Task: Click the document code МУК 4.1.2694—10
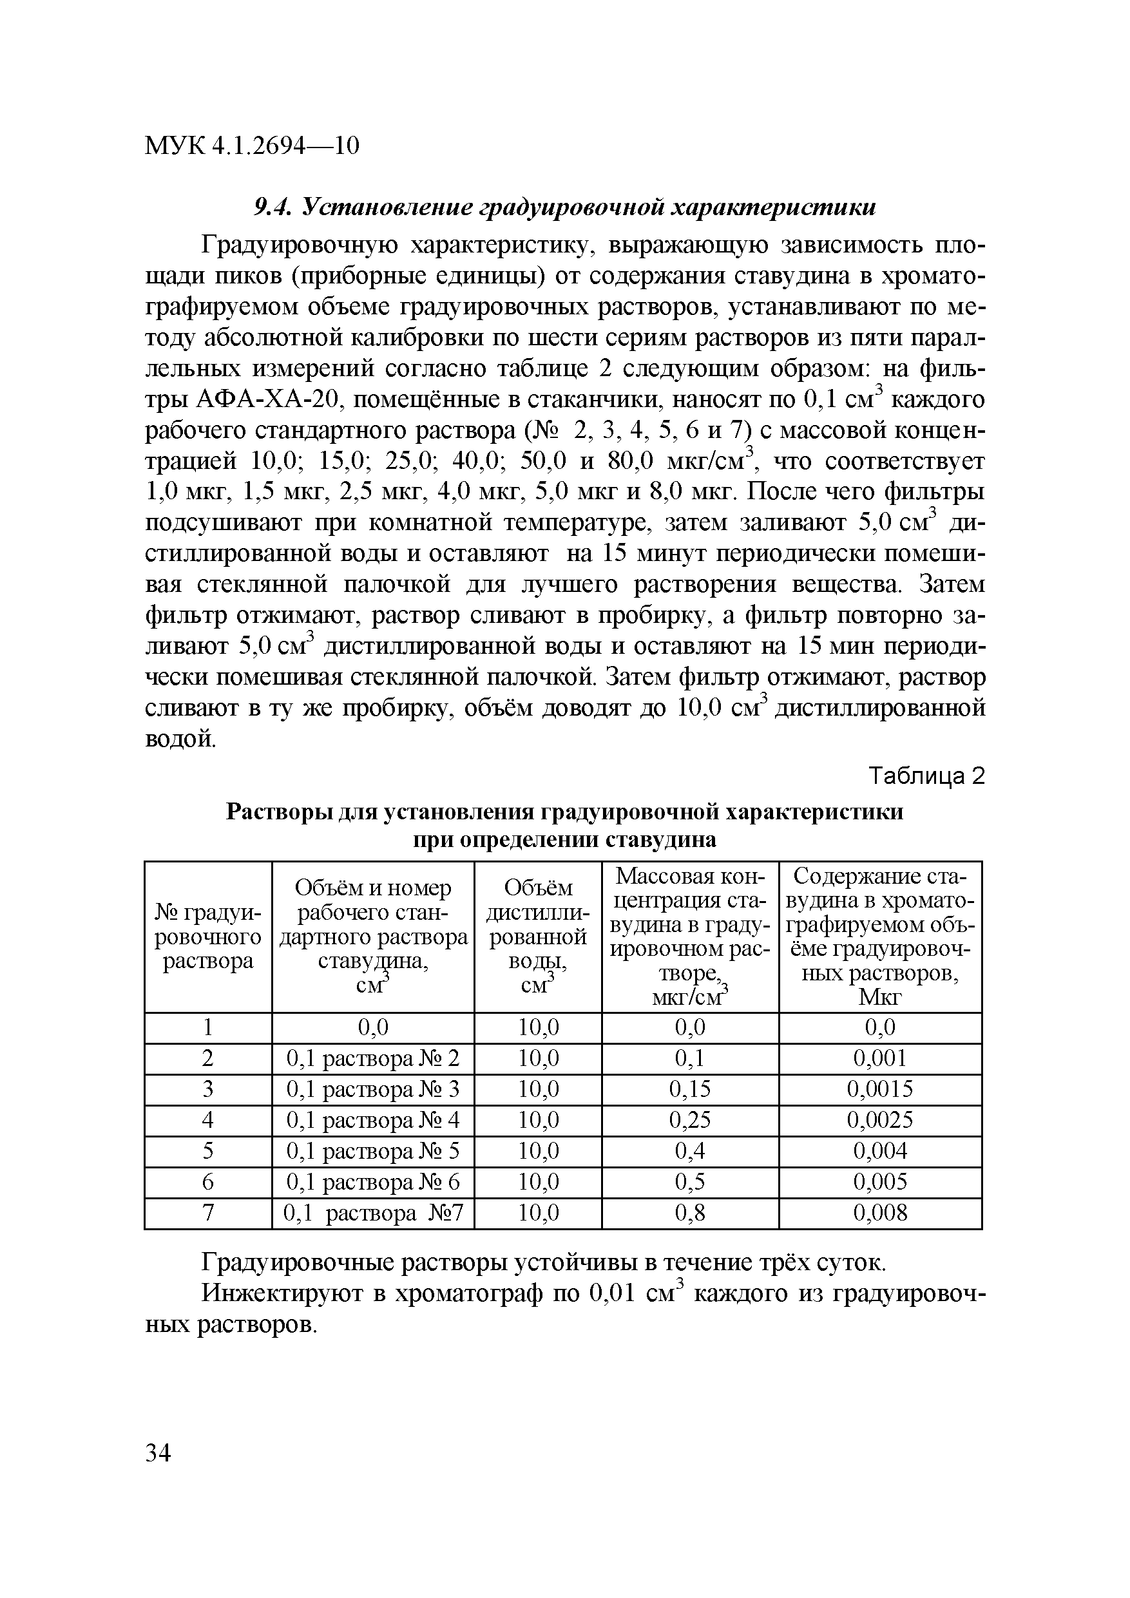tap(252, 146)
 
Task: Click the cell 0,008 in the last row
tap(880, 1213)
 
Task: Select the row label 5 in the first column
tap(207, 1150)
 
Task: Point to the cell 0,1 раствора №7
tap(373, 1213)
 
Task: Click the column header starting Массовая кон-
tap(689, 936)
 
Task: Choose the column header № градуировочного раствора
tap(207, 936)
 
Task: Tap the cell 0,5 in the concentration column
tap(689, 1182)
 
